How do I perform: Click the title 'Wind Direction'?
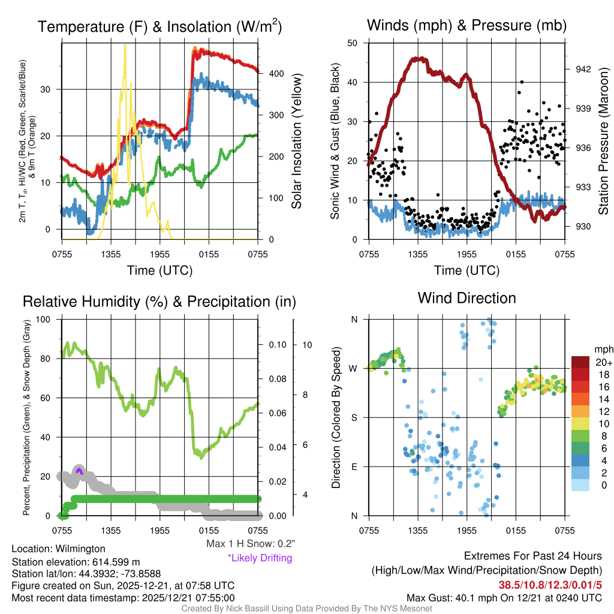coord(466,298)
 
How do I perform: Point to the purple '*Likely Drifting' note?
coord(259,558)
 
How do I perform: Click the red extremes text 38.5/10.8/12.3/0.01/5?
coord(550,584)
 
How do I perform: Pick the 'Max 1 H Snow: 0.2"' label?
coord(250,544)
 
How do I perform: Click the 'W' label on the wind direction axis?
coord(353,368)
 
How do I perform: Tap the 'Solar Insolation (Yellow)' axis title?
coord(296,142)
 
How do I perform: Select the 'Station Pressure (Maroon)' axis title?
coord(603,142)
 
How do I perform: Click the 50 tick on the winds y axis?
coord(353,43)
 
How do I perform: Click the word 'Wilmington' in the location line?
coord(78,549)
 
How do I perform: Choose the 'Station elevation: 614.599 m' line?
coord(76,562)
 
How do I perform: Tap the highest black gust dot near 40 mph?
coord(522,82)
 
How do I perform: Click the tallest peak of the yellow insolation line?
coord(125,46)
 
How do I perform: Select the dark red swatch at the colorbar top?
coord(581,362)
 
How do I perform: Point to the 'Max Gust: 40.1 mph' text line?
coord(504,597)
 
